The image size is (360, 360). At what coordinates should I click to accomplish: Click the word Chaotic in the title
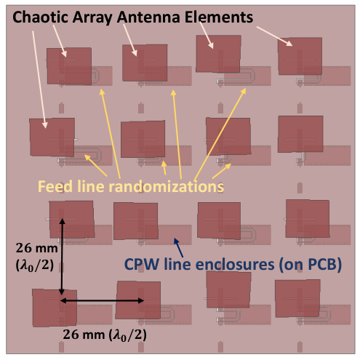41,17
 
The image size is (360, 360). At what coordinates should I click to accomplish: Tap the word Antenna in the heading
148,17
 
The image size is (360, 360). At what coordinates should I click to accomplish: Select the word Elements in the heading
219,17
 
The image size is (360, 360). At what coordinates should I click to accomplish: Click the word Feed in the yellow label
55,187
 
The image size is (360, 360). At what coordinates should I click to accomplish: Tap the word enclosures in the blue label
235,264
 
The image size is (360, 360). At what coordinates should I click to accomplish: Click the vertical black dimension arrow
62,257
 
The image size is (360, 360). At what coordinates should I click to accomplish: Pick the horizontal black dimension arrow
102,300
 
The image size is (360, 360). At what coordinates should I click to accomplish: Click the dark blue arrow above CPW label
178,247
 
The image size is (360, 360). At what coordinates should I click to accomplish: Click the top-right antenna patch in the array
300,56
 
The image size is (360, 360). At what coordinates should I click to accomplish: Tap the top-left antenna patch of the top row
69,66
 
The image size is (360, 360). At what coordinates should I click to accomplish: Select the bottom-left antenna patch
55,308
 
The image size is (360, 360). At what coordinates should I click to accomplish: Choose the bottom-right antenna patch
297,298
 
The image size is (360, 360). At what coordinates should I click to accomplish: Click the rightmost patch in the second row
300,134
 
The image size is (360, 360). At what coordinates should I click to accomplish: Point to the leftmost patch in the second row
52,137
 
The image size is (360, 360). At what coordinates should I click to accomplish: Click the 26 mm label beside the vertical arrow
37,248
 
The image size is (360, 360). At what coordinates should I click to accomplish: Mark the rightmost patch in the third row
308,219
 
